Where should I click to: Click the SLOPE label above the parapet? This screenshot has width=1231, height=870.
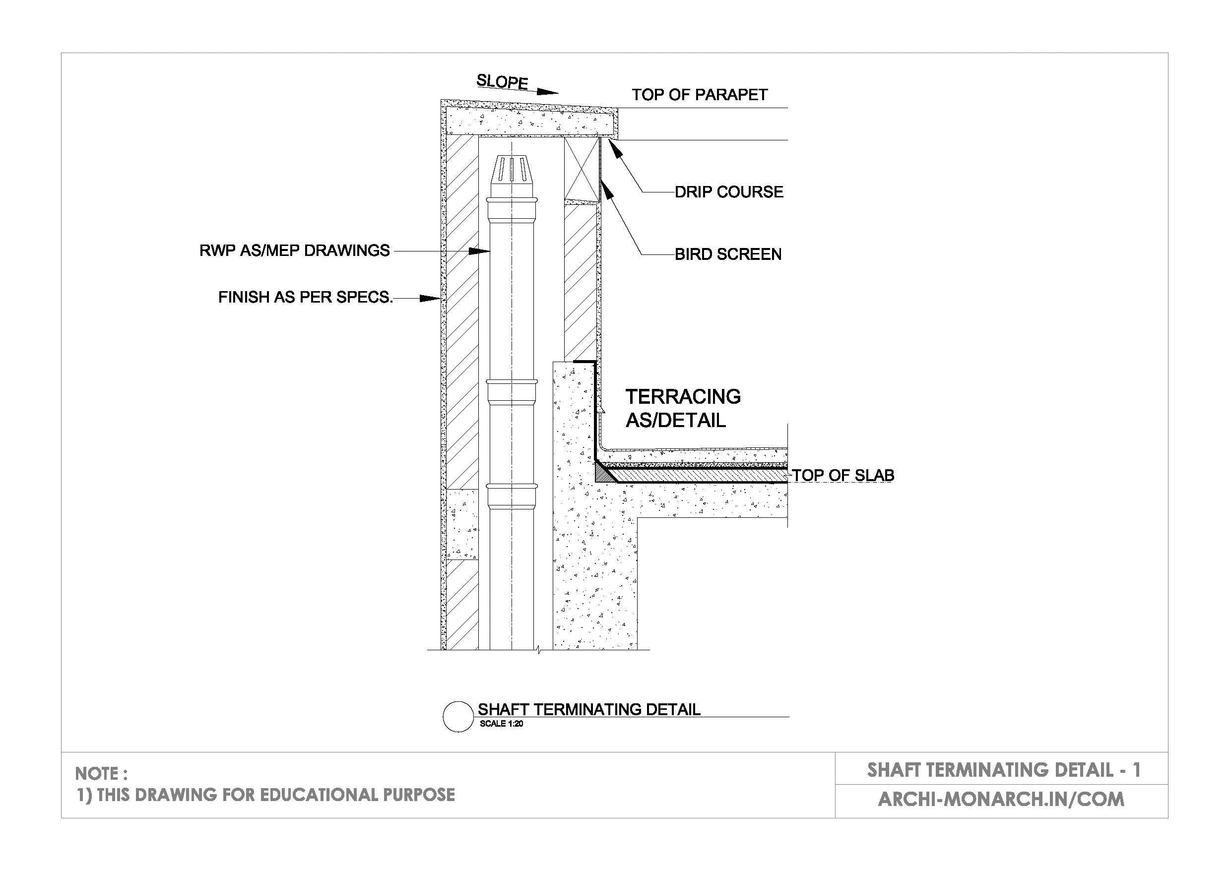pos(502,82)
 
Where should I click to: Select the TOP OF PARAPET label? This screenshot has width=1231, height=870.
pos(699,95)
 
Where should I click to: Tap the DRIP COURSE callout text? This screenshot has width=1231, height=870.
pos(729,192)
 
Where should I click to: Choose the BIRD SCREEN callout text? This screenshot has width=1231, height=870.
pos(727,254)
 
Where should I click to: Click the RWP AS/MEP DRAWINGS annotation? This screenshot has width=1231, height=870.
pos(294,250)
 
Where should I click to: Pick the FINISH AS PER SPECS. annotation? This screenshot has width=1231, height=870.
pos(305,297)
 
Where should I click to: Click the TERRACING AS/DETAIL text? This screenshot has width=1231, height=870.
pos(683,409)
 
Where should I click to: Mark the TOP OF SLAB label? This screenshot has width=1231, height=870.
pos(843,476)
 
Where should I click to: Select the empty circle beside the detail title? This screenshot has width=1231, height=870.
pos(458,717)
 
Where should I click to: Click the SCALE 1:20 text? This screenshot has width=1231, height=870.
pos(501,724)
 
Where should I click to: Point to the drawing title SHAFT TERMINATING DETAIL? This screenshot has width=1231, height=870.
pos(588,710)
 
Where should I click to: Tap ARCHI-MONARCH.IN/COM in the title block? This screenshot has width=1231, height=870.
pos(1000,799)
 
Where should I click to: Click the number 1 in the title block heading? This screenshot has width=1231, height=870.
pos(1136,770)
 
